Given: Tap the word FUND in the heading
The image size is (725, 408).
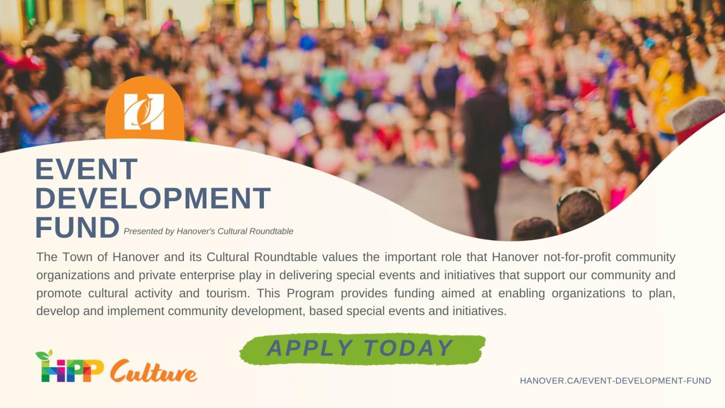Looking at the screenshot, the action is (x=77, y=227).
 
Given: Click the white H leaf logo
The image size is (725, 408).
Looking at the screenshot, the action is (x=144, y=111).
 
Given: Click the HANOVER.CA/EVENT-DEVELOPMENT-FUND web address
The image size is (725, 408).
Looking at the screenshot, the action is (x=615, y=381).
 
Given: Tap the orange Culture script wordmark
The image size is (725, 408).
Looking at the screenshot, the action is (x=154, y=371).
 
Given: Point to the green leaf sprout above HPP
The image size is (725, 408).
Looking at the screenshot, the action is (x=44, y=355).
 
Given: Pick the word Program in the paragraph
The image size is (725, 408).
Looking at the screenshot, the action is (x=310, y=294).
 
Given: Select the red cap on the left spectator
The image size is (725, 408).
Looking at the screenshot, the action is (x=29, y=64).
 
